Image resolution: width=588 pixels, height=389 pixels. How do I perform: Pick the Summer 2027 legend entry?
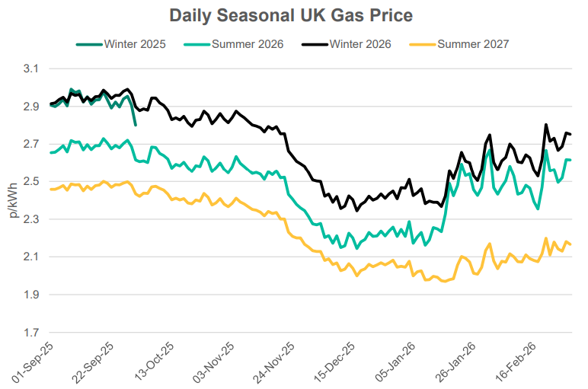click(x=475, y=44)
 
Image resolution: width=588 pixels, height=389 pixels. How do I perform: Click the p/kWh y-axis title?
click(x=11, y=200)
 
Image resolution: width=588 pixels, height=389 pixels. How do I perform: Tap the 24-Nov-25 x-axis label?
click(x=277, y=363)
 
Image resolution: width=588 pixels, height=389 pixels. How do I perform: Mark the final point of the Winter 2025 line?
click(x=135, y=125)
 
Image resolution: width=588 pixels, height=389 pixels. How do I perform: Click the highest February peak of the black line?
click(x=546, y=125)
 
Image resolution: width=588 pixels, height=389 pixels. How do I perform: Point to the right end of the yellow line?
click(x=571, y=244)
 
